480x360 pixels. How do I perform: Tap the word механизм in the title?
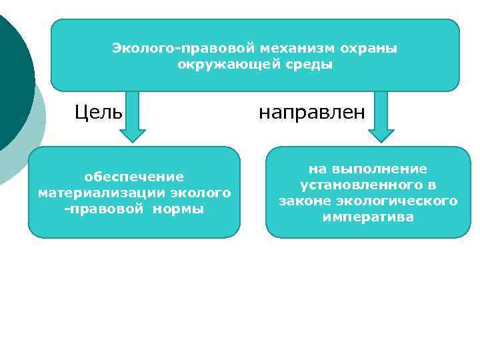[x=299, y=49]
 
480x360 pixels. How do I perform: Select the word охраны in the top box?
[x=369, y=49]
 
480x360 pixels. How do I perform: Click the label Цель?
[x=98, y=112]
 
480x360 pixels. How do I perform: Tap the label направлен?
[x=312, y=112]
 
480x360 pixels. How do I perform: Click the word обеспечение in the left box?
[x=133, y=177]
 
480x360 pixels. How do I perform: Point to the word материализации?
[x=101, y=193]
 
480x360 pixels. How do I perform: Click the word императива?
[x=368, y=217]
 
